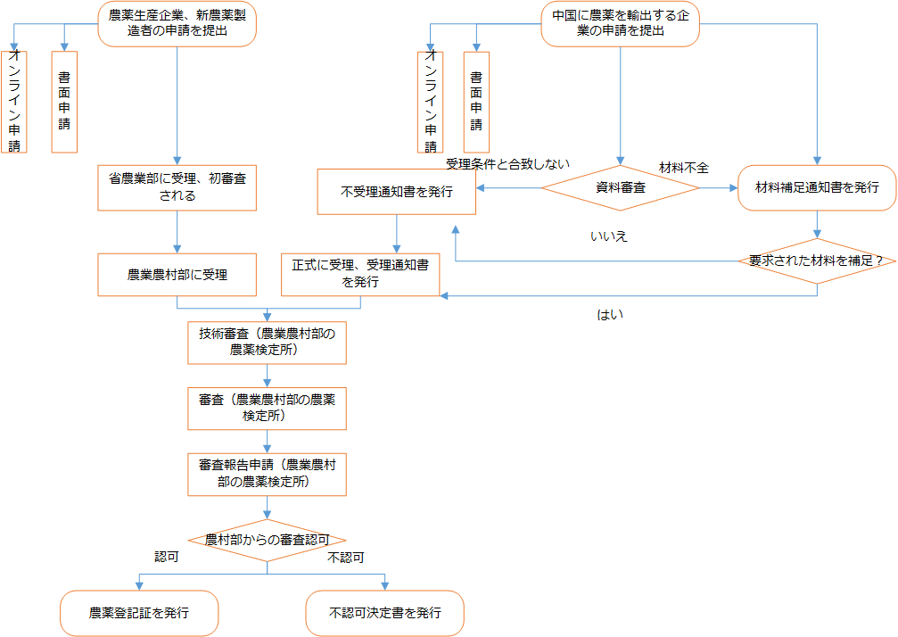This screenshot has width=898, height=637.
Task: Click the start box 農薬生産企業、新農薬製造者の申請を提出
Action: [x=177, y=23]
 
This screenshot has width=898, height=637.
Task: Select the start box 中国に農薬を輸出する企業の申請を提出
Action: [x=621, y=23]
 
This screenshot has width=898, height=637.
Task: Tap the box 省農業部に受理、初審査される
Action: [x=177, y=187]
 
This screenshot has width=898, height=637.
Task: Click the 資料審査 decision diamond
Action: [x=621, y=188]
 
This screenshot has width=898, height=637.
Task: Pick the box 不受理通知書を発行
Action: [x=396, y=192]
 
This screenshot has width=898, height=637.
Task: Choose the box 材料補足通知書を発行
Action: [x=817, y=187]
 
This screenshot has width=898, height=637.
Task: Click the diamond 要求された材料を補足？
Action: [x=817, y=261]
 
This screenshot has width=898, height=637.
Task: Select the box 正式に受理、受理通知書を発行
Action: [x=360, y=274]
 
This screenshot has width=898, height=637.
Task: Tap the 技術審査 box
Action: [x=267, y=343]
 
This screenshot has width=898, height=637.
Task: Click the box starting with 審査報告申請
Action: [x=267, y=474]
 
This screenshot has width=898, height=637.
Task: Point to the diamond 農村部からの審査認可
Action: [x=267, y=540]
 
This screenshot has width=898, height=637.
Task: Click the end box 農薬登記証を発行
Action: [x=139, y=613]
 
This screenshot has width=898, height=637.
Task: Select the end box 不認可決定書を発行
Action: [x=384, y=613]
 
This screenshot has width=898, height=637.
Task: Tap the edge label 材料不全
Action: [x=683, y=168]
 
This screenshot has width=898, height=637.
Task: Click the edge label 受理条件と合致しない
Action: [x=508, y=164]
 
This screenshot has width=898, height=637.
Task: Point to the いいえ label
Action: [x=609, y=236]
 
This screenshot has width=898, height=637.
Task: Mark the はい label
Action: [x=610, y=315]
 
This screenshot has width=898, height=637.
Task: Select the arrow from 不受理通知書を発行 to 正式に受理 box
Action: [x=396, y=235]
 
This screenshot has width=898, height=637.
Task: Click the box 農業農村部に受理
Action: [x=177, y=275]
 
